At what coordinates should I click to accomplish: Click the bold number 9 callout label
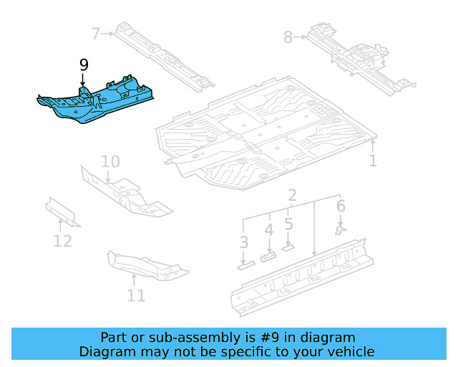coord(84,65)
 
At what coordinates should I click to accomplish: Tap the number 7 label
coord(96,32)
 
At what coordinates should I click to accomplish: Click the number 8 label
coord(288,37)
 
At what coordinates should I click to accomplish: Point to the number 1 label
coord(372,161)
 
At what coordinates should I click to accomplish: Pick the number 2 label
coord(292,196)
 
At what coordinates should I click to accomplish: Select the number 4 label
coord(268,230)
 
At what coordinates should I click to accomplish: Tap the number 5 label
coord(288,224)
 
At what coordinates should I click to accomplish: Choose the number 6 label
coord(341,206)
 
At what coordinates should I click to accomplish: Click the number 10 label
coord(109,161)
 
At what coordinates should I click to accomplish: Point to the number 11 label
coord(136,295)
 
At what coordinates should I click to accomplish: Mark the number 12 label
coord(63,241)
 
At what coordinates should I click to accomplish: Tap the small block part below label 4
coord(268,256)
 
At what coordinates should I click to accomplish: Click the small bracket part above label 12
coord(62,211)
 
